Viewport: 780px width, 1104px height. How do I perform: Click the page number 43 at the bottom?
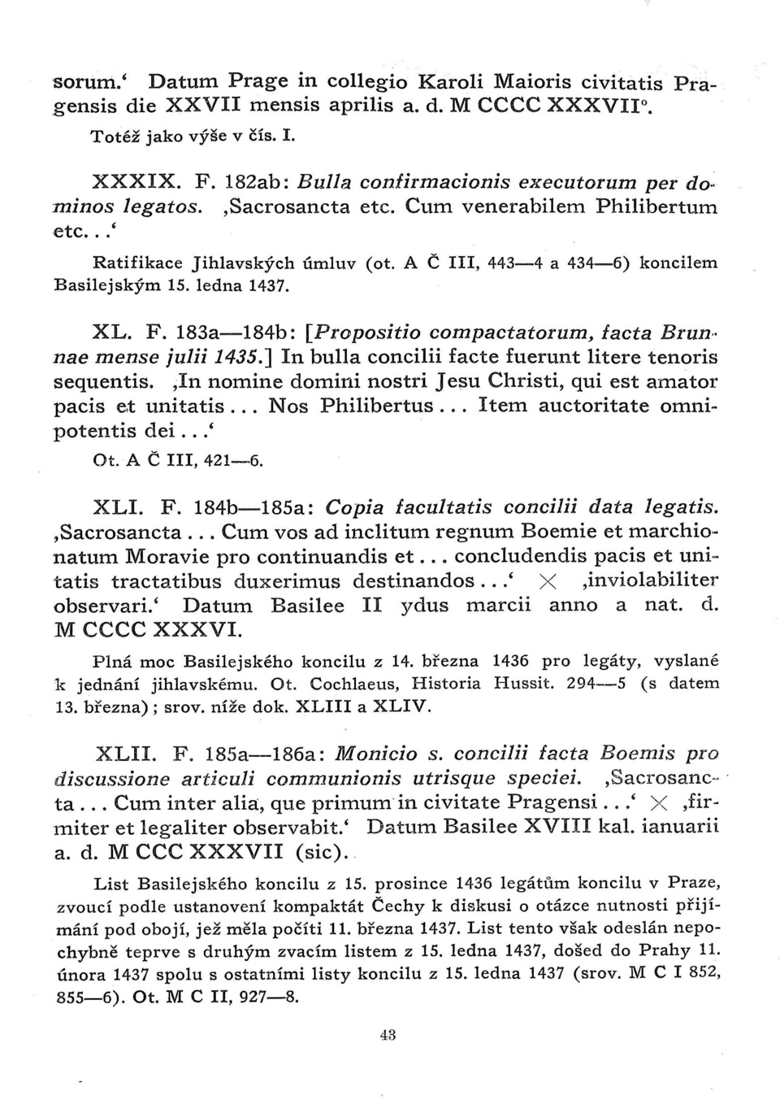pos(388,1035)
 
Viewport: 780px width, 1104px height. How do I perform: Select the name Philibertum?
pos(656,206)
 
